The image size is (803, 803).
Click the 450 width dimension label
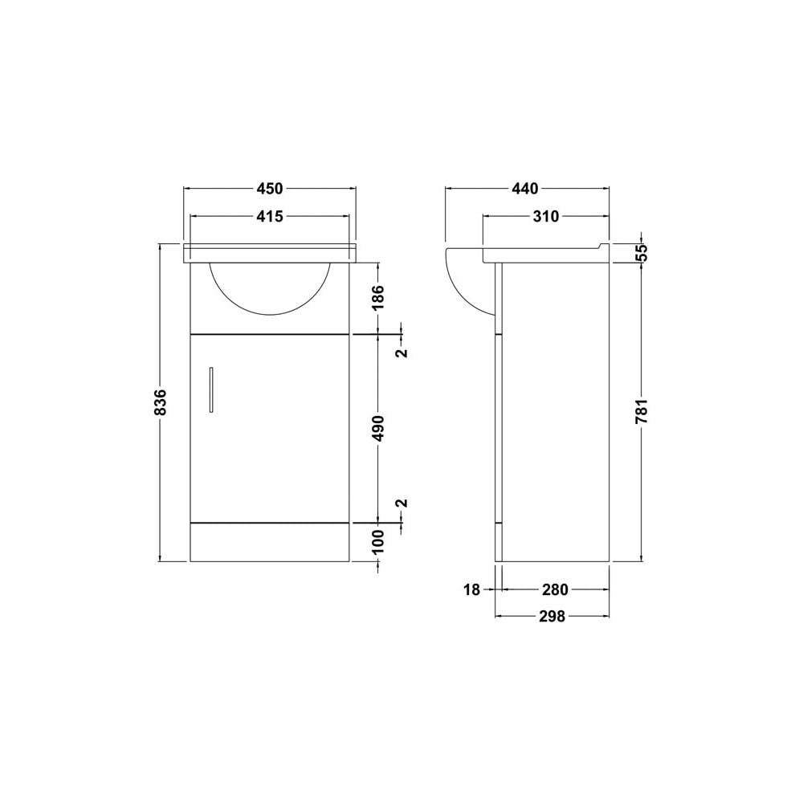click(269, 189)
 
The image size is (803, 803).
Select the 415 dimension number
click(269, 217)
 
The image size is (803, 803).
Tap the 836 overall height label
click(161, 402)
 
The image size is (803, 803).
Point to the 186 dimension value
click(377, 297)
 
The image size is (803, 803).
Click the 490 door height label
click(377, 428)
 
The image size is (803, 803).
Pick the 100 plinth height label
click(377, 542)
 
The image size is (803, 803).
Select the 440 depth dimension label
click(525, 189)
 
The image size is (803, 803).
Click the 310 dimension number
click(546, 217)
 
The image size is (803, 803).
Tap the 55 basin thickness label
click(642, 252)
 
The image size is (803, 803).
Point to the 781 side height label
click(642, 410)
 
